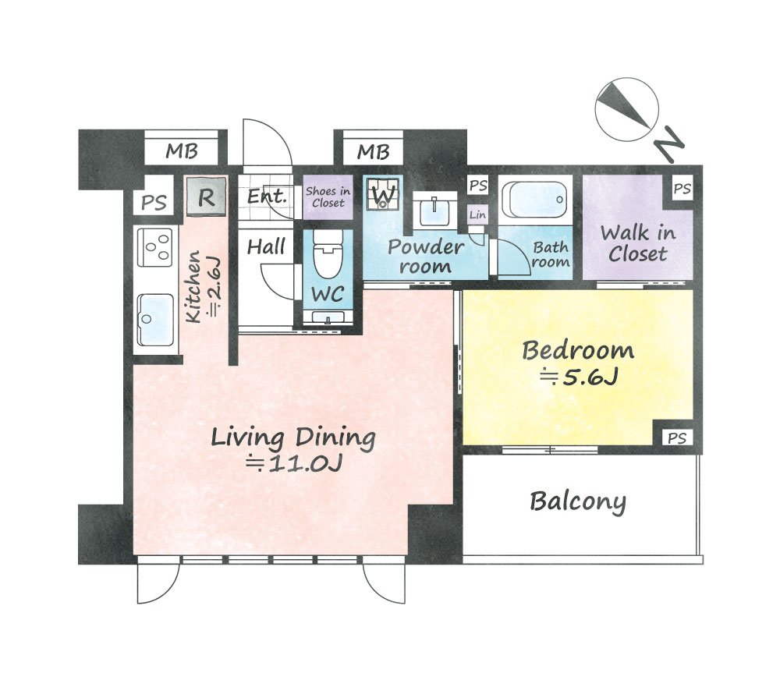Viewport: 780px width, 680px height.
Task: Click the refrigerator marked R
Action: point(207,197)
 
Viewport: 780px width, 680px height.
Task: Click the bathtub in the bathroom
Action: point(535,200)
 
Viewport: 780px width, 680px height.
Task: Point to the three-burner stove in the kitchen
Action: point(155,246)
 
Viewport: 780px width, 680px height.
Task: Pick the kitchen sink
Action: point(156,320)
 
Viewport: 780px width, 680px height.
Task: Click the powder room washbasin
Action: point(434,211)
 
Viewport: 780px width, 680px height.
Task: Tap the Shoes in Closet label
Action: point(328,197)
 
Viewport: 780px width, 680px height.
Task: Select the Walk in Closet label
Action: point(638,244)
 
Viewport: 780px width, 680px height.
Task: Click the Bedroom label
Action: point(578,350)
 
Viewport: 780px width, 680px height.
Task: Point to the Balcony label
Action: point(578,501)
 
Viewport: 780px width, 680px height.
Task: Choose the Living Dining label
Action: point(293,437)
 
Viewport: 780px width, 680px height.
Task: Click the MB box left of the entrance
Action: point(182,151)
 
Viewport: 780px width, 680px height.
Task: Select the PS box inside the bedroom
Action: point(677,437)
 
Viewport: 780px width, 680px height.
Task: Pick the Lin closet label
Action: point(477,215)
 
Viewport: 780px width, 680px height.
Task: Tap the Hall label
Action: point(267,246)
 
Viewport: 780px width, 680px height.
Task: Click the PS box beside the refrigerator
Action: point(154,203)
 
